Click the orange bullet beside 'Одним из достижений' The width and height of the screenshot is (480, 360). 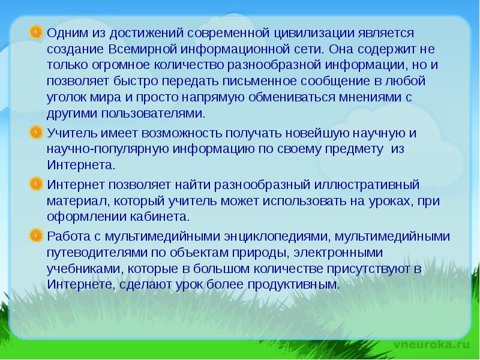click(x=37, y=31)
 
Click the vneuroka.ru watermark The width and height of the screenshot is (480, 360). click(x=432, y=344)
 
